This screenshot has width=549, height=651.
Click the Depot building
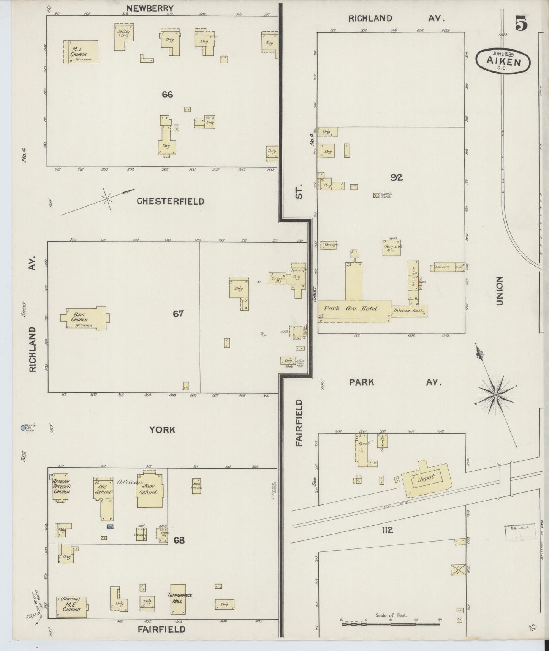click(426, 480)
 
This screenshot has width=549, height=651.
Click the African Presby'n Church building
click(60, 487)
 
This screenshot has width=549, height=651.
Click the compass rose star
click(496, 395)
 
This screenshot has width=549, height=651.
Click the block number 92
click(396, 177)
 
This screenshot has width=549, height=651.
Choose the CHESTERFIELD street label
click(170, 201)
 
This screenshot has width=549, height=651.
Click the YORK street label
click(162, 430)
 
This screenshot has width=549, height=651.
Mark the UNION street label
click(499, 291)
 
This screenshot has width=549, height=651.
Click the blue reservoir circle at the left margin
click(23, 428)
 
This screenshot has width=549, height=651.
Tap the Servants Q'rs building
click(392, 247)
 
